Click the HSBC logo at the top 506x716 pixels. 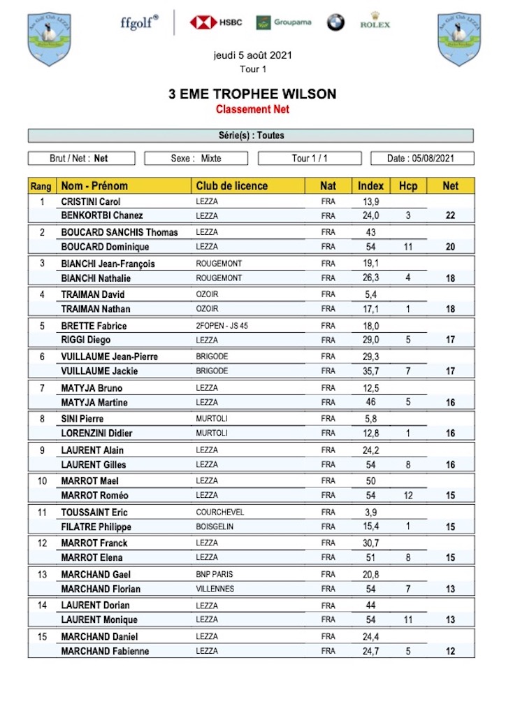(216, 22)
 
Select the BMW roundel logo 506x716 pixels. (335, 22)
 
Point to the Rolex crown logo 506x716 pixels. (375, 20)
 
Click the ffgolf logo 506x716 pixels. (139, 22)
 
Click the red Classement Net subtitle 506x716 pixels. (252, 109)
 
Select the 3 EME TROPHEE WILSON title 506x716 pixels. (252, 94)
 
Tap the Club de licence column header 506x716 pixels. (231, 186)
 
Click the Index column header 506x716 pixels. (370, 186)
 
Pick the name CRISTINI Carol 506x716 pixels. (91, 201)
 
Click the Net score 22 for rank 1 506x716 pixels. (450, 216)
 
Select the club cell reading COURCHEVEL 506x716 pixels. (220, 513)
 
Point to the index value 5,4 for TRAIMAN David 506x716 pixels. (370, 294)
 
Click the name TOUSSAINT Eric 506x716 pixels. (94, 513)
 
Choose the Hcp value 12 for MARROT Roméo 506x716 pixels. (408, 496)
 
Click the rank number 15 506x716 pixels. (41, 636)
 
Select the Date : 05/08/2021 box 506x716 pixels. (421, 159)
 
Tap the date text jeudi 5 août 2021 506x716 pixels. (252, 55)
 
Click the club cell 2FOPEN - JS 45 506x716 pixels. (226, 326)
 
